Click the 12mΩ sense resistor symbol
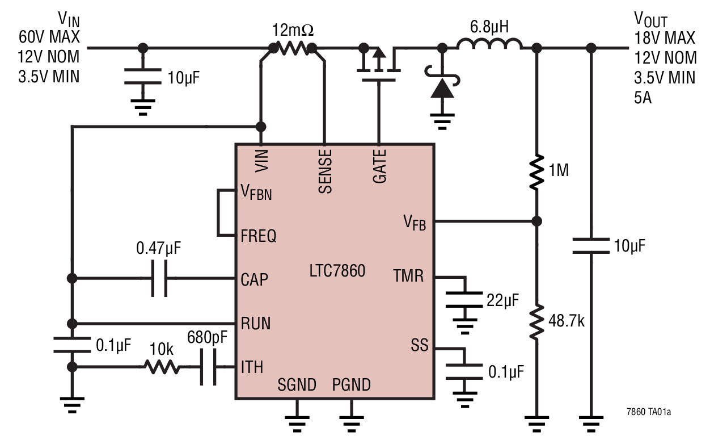[x=293, y=49]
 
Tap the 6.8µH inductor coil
[x=489, y=44]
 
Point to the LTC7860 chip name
[x=337, y=271]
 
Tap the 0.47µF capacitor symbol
[x=159, y=279]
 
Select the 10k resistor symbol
[x=163, y=367]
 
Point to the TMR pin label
[x=408, y=277]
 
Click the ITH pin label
[x=252, y=367]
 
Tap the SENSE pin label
[x=325, y=171]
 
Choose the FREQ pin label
[x=259, y=236]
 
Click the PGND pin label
[x=351, y=385]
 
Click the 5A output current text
[x=643, y=98]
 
